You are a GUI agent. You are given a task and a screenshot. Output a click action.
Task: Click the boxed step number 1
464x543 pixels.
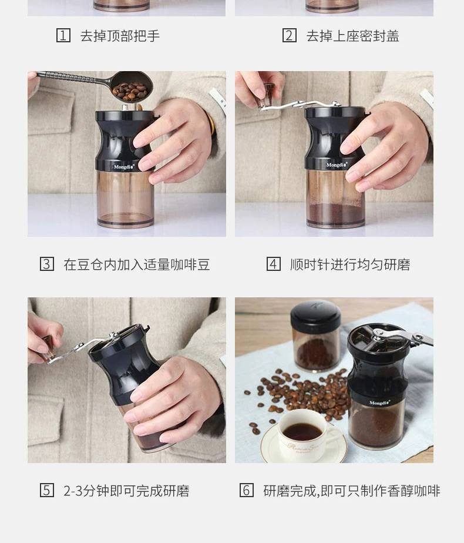[x=63, y=35]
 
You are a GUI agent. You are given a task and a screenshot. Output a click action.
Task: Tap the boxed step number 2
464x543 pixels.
[x=289, y=35]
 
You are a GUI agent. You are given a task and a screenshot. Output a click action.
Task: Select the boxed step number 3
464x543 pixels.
[x=47, y=264]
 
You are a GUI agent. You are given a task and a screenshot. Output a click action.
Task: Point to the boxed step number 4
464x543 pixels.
[x=273, y=264]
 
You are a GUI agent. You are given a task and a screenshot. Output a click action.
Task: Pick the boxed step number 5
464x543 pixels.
[x=47, y=490]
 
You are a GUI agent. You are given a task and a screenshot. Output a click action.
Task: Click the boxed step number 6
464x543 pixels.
[x=246, y=490]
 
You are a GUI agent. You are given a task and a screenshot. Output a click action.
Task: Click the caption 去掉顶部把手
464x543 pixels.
[x=120, y=36]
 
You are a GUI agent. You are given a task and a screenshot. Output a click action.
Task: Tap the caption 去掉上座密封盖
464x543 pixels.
[x=352, y=36]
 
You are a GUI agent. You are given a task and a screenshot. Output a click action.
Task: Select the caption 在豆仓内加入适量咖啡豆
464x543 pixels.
[x=137, y=264]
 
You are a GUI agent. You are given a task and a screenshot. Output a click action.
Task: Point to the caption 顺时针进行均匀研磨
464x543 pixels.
[x=350, y=264]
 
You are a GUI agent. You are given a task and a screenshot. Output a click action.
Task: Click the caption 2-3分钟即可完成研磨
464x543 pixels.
[x=126, y=491]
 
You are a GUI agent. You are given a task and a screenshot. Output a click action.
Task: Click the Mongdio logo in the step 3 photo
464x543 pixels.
[x=124, y=166]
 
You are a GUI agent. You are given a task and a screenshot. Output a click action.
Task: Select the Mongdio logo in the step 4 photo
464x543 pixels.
[x=337, y=165]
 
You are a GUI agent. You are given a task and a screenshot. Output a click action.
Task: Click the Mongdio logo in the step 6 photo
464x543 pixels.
[x=379, y=403]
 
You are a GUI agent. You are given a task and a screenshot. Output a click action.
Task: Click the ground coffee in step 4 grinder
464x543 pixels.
[x=335, y=214]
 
